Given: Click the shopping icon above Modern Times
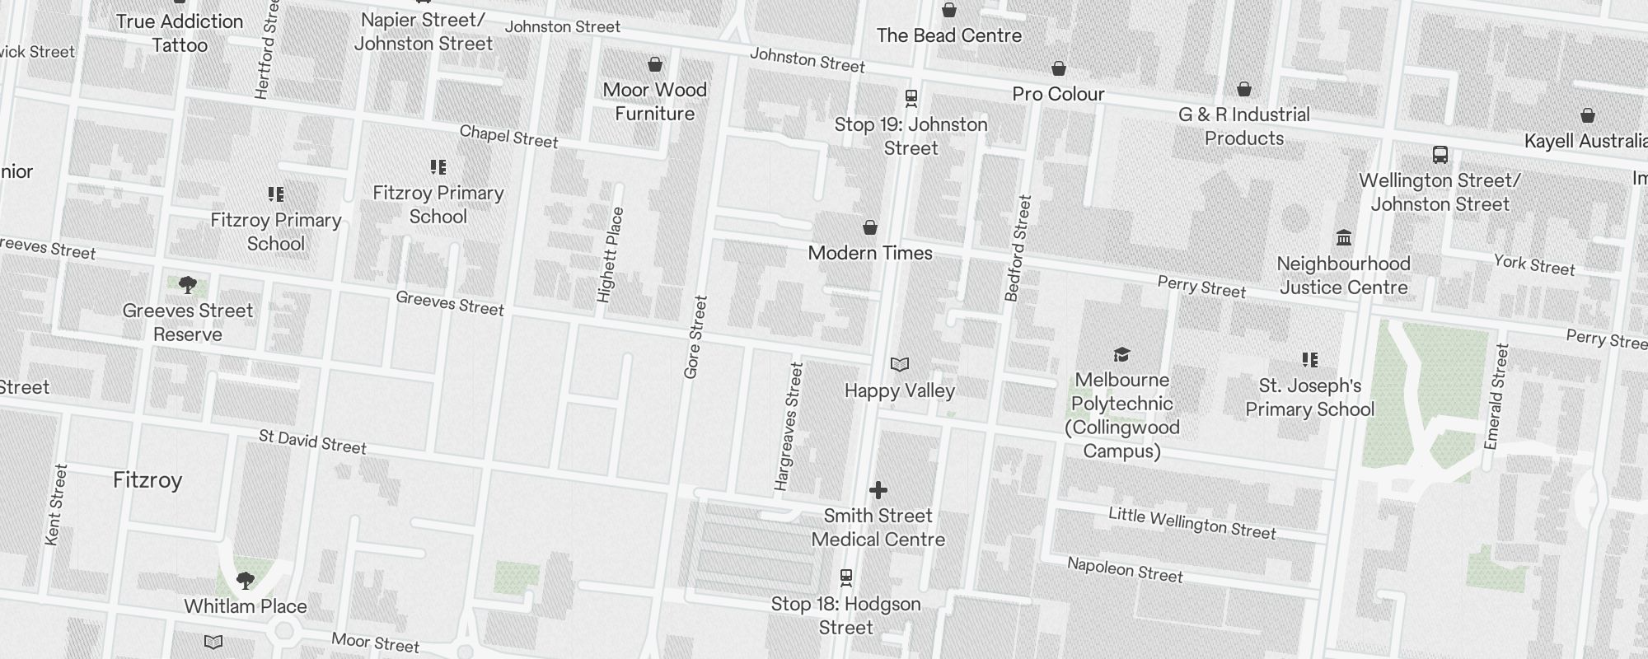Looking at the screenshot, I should click(869, 227).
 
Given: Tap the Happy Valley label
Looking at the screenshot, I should click(899, 390).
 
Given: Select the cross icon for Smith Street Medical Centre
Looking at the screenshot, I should click(878, 490).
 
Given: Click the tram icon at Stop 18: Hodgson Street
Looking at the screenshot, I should click(845, 577).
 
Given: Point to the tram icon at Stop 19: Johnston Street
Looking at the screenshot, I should click(911, 98).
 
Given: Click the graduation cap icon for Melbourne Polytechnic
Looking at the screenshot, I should click(1121, 354).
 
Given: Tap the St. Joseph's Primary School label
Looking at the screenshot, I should click(1309, 397).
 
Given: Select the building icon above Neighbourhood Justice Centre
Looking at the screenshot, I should click(1344, 237).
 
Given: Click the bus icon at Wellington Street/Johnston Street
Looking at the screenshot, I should click(1440, 154).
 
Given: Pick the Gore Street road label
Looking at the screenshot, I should click(695, 337).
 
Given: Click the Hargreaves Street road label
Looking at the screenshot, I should click(789, 427).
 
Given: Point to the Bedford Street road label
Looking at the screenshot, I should click(1018, 248).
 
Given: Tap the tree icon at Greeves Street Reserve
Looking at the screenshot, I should click(188, 285).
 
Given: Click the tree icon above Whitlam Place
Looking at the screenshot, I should click(245, 580).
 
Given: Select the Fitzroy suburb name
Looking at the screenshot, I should click(147, 480).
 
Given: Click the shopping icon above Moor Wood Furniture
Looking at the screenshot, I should click(654, 64).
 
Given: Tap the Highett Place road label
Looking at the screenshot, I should click(611, 255).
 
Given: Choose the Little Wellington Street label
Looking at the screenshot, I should click(1192, 523).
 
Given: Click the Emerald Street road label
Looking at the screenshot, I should click(1496, 396).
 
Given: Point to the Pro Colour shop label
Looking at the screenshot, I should click(1058, 94).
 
